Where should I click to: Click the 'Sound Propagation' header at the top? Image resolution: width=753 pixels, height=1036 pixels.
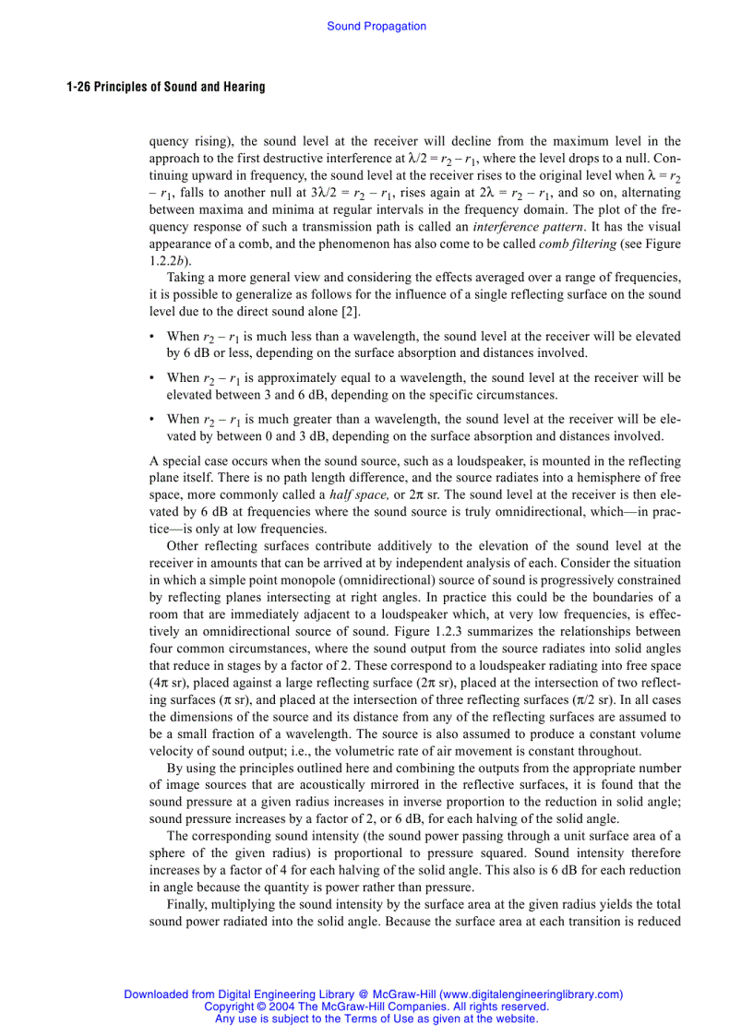click(x=376, y=27)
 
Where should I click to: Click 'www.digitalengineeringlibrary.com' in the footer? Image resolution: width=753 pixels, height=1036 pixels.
click(x=530, y=994)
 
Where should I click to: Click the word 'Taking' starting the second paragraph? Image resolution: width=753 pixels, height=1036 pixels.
click(x=185, y=278)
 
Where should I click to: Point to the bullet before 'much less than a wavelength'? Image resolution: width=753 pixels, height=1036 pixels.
click(x=152, y=338)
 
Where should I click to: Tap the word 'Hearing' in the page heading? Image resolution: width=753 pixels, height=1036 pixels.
click(x=244, y=87)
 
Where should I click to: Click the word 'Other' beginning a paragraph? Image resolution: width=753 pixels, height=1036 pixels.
click(x=184, y=546)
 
